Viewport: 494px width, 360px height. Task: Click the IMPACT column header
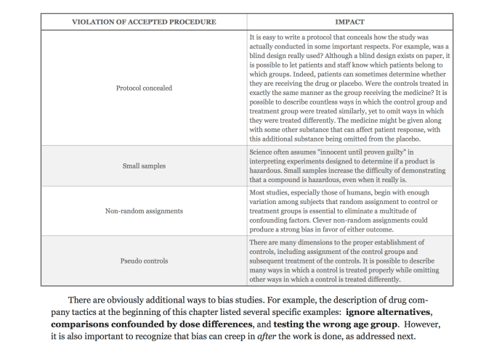click(354, 22)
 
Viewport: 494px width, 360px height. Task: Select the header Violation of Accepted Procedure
click(144, 22)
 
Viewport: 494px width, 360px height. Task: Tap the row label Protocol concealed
click(144, 89)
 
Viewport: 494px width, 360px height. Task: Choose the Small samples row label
click(144, 165)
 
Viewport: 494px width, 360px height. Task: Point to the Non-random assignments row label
click(144, 211)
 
